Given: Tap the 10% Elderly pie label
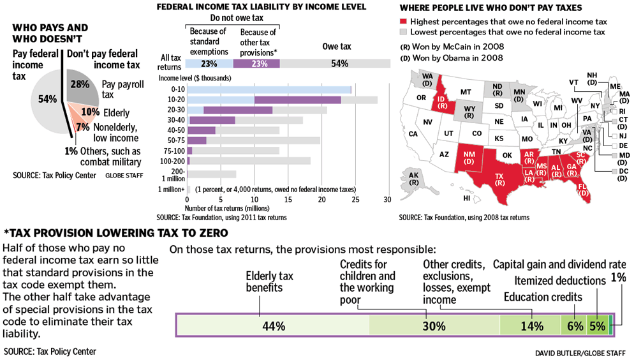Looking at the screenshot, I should tap(90, 112).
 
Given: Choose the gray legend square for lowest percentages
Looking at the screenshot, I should tap(403, 32).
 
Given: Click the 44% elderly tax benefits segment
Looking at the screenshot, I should tap(272, 326).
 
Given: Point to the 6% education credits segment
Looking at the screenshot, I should tap(572, 326).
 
